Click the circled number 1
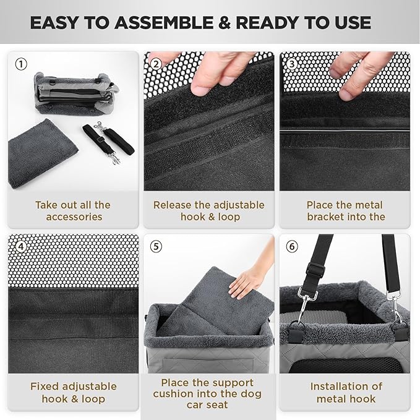[x=21, y=64]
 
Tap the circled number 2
[x=156, y=64]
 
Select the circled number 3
[x=292, y=64]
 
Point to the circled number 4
[x=21, y=246]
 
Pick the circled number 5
[x=156, y=246]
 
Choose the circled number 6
[x=292, y=246]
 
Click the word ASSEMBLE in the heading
[x=165, y=22]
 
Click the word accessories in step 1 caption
[x=74, y=217]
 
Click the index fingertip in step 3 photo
[x=348, y=94]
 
